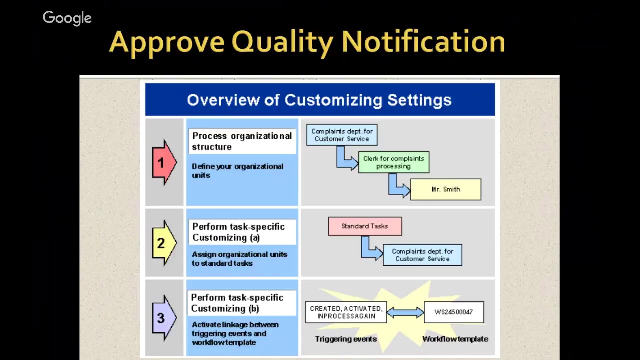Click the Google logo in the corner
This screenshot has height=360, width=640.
coord(67,18)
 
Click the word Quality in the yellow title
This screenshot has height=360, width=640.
coord(282,42)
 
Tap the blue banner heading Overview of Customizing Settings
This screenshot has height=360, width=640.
coord(319,100)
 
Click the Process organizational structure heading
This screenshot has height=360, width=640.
coord(242,141)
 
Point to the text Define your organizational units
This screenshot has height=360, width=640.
coord(237,171)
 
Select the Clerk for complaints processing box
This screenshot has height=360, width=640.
coord(393,162)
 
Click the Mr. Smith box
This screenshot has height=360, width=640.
coord(445,189)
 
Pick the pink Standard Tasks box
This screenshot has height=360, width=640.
coord(365,226)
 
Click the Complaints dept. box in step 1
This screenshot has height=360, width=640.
coord(342,135)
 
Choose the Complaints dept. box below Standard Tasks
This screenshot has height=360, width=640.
coord(422,255)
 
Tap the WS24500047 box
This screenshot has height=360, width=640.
coord(453,312)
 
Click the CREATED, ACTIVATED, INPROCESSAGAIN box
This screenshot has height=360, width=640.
coord(346,312)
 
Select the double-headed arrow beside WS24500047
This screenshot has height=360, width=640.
coord(405,312)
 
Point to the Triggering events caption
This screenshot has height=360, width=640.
coord(346,339)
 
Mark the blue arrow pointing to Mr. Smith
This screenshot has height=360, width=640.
coord(398,187)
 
